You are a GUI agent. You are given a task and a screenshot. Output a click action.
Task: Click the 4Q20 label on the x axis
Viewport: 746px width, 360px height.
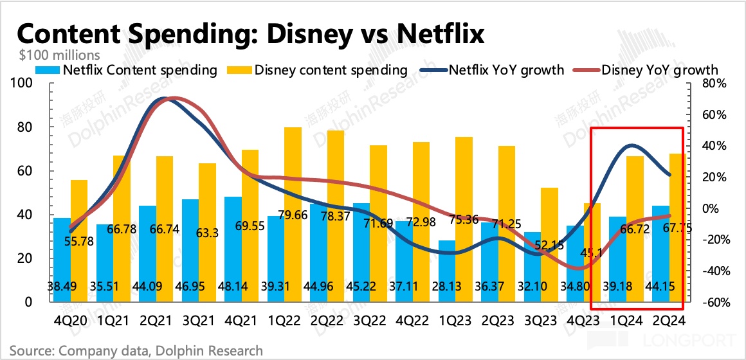69,319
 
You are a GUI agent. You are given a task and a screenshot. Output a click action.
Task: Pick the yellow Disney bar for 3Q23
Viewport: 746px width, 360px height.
549,244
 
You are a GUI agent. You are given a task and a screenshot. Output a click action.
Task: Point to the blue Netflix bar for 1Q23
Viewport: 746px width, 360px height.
447,271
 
